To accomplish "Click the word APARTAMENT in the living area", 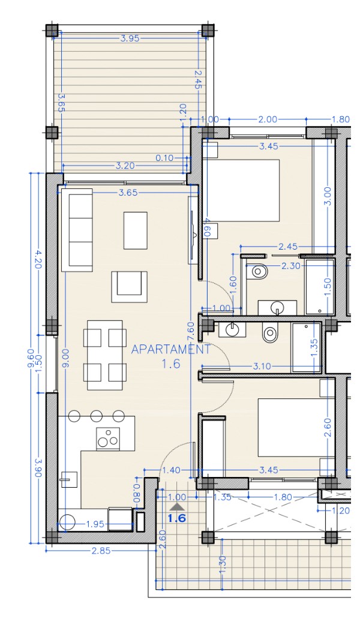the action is point(170,350).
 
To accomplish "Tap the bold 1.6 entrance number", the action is point(177,518).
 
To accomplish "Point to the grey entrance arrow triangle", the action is point(177,506).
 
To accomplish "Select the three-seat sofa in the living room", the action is point(77,230).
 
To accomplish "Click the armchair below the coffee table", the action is point(129,287).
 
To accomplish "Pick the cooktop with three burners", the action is point(108,439).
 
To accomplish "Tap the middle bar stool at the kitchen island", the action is point(97,416).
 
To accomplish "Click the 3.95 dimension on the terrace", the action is point(130,38).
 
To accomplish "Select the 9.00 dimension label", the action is point(65,359).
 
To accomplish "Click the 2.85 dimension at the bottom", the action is point(101,551).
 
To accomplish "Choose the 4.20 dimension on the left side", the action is point(38,259).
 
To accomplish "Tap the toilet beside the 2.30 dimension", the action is point(257,272).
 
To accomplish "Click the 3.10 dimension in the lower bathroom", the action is point(262,366).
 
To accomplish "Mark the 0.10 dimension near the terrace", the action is point(164,158).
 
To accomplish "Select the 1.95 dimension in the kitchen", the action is point(96,524).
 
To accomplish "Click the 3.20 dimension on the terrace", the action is point(125,166).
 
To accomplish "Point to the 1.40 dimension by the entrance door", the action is point(172,470).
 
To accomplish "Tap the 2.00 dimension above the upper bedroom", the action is point(268,119).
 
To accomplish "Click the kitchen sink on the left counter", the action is point(68,479).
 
